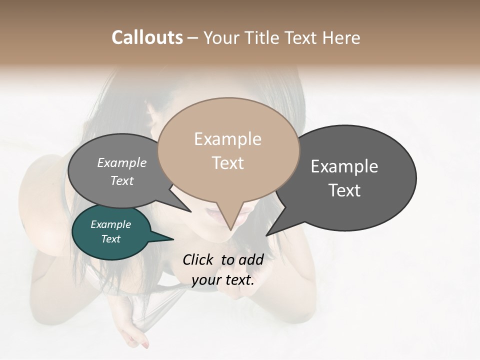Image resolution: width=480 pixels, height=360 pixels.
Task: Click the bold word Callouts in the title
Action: (x=147, y=37)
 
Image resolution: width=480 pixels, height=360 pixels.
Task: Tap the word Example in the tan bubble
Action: (x=227, y=139)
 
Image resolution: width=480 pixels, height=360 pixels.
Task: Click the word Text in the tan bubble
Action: (x=228, y=163)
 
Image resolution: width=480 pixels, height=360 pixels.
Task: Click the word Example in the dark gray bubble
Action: (x=344, y=166)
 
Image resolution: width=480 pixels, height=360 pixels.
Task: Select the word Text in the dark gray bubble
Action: (x=345, y=190)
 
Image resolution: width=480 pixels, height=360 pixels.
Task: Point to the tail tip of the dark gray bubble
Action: (x=266, y=235)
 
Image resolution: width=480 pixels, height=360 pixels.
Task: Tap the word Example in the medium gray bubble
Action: (x=122, y=162)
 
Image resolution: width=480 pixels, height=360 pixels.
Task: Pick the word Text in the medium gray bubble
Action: (x=122, y=180)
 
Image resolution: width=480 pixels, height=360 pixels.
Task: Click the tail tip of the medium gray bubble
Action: (x=191, y=211)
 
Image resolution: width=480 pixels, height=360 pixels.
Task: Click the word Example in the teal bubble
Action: (x=110, y=224)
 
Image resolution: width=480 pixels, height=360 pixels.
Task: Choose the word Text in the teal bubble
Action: (x=110, y=239)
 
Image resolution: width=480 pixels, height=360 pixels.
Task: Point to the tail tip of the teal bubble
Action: (x=173, y=239)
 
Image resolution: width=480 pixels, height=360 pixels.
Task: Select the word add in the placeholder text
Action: (x=250, y=259)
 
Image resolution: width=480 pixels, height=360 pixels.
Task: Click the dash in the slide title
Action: (x=193, y=38)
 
